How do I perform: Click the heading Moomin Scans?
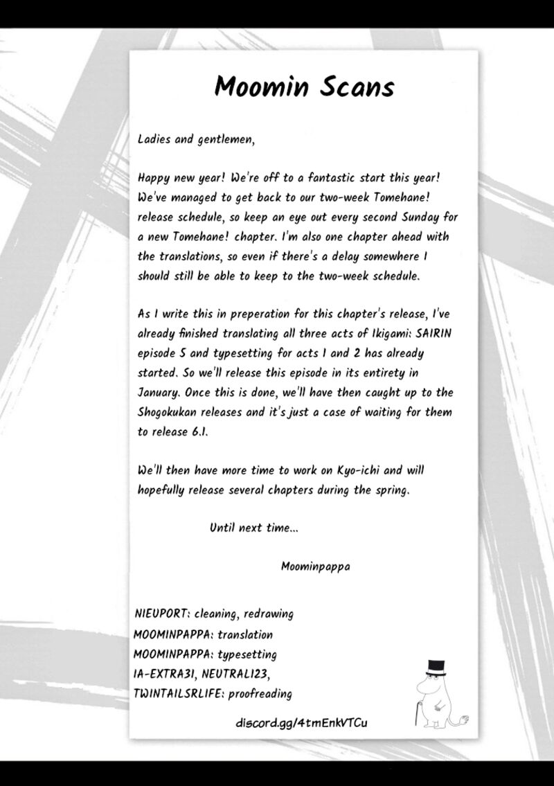(x=304, y=87)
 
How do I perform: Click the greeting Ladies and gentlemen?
(x=197, y=139)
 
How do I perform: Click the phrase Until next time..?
(x=254, y=528)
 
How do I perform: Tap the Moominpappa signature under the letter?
(x=315, y=566)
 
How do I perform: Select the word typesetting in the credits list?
(x=247, y=654)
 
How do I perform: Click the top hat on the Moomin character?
(x=436, y=668)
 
